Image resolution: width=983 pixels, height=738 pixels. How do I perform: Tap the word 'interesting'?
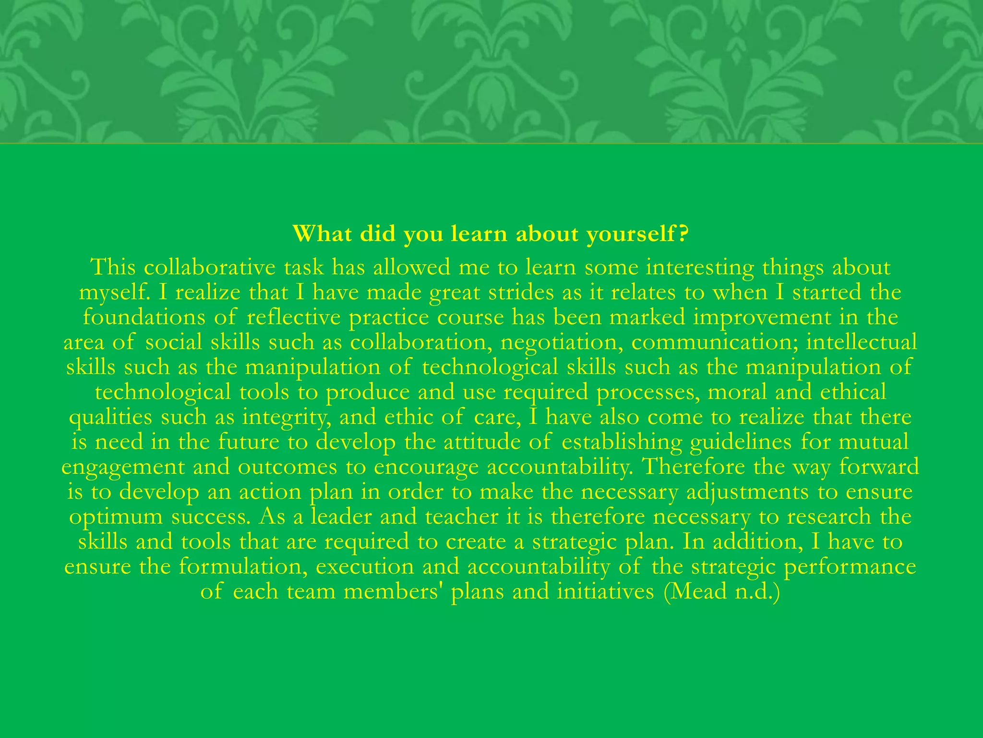tap(700, 268)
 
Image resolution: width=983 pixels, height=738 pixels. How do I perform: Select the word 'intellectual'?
tap(862, 343)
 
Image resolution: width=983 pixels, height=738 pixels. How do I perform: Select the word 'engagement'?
tap(123, 467)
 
